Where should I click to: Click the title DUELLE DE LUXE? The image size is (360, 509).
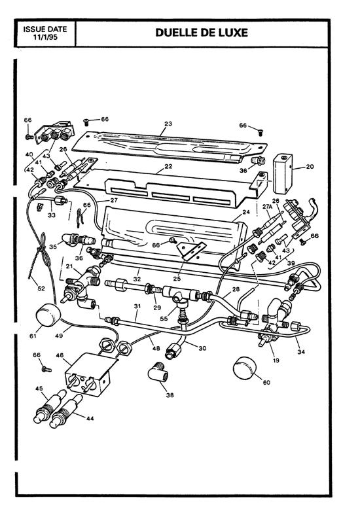pyautogui.click(x=202, y=33)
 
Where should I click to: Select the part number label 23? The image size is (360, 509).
pyautogui.click(x=168, y=123)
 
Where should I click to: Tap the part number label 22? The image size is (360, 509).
pyautogui.click(x=168, y=167)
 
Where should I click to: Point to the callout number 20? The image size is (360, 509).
pyautogui.click(x=310, y=167)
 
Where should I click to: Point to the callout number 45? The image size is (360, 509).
pyautogui.click(x=39, y=389)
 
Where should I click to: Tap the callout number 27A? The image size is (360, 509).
pyautogui.click(x=266, y=206)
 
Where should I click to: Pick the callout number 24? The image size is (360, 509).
pyautogui.click(x=246, y=213)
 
